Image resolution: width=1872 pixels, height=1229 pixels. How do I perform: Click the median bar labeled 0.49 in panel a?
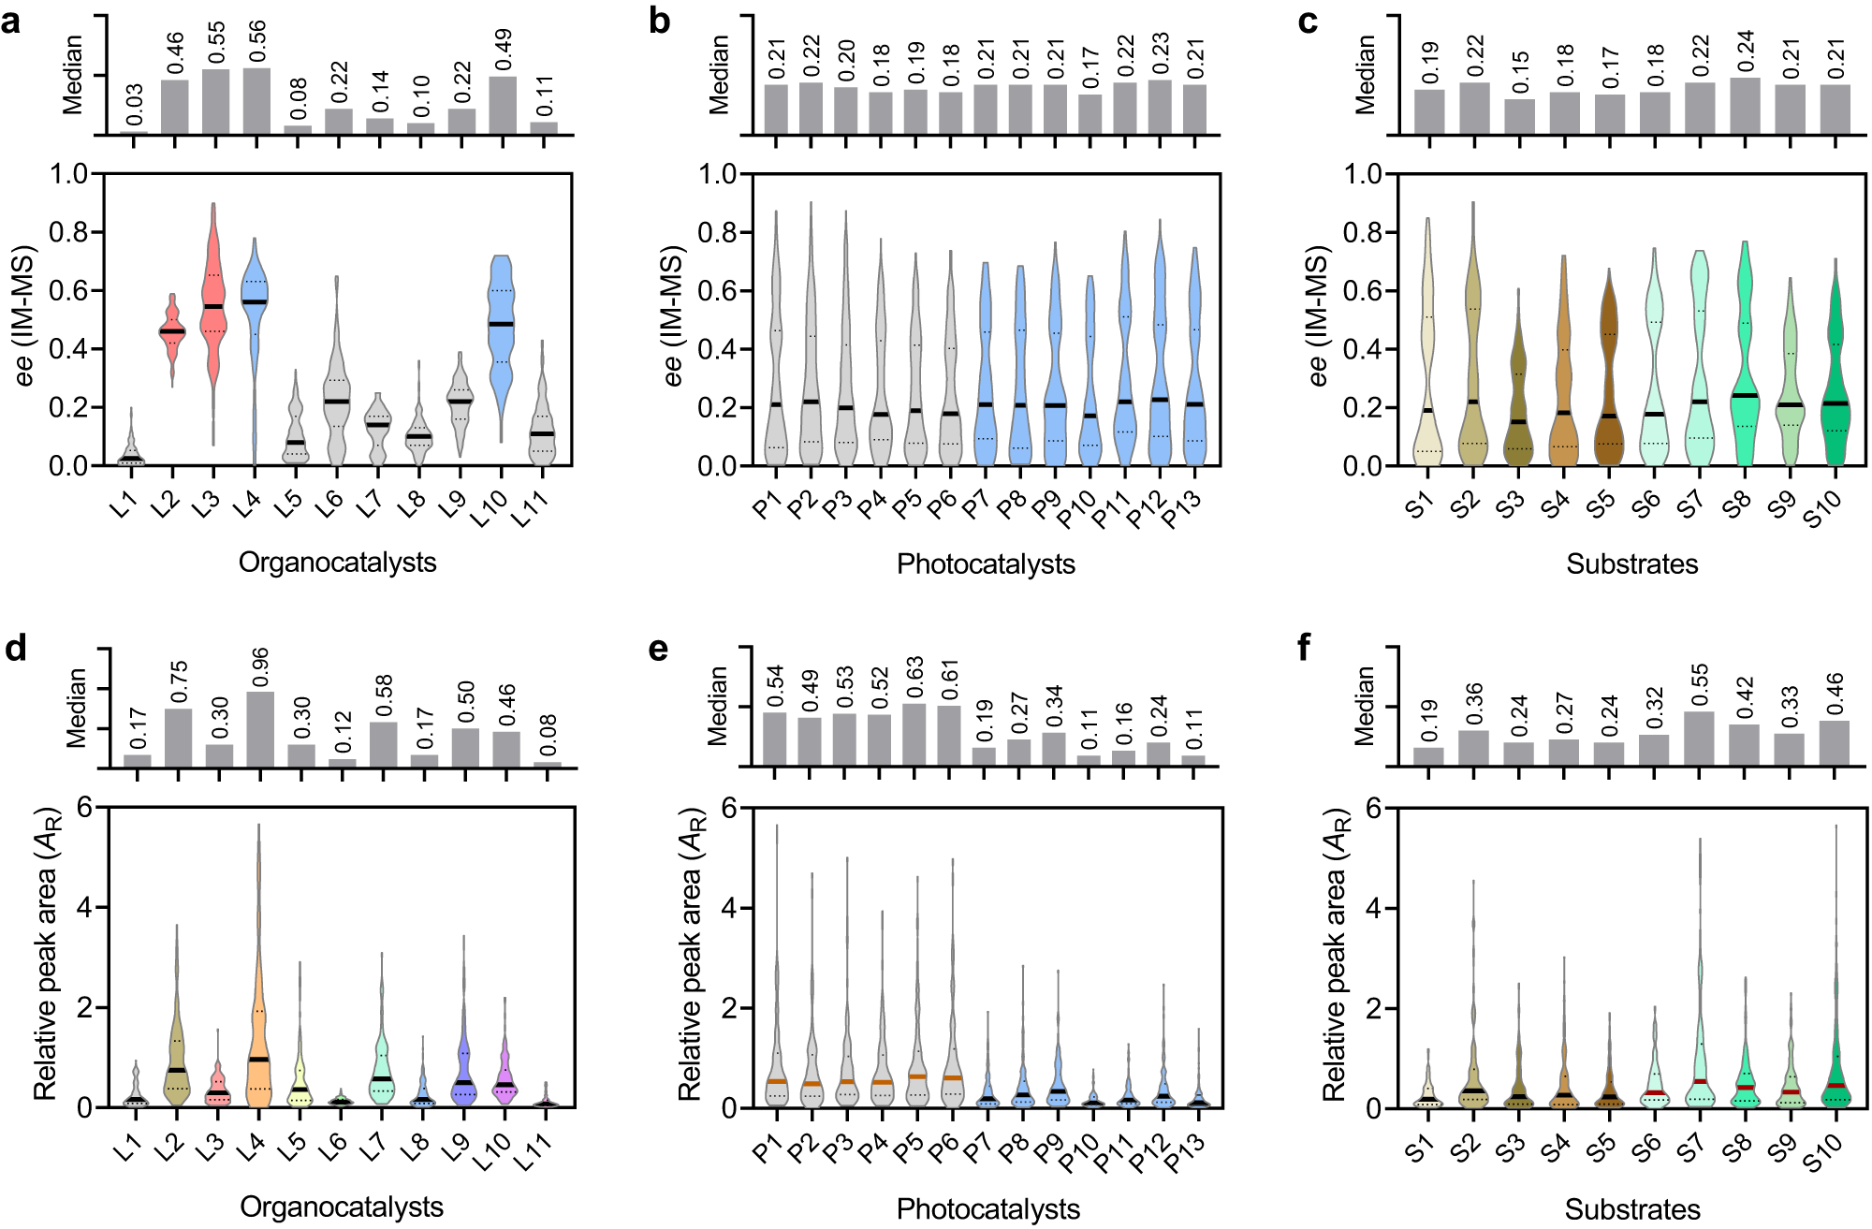pos(503,105)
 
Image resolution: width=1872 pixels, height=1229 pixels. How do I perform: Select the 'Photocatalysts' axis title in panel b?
pos(986,563)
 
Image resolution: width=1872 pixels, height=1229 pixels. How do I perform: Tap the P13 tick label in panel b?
pos(1182,508)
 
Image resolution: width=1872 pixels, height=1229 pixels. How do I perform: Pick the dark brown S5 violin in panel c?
pos(1609,374)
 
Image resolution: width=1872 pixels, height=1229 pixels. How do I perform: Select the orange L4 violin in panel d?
pos(258,1011)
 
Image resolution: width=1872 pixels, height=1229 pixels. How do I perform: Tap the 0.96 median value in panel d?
pos(260,666)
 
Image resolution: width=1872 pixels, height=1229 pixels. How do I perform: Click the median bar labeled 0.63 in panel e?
pos(915,735)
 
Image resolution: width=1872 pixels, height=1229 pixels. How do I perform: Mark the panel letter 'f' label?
pos(1306,648)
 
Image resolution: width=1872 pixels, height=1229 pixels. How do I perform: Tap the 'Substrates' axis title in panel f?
pos(1632,1209)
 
